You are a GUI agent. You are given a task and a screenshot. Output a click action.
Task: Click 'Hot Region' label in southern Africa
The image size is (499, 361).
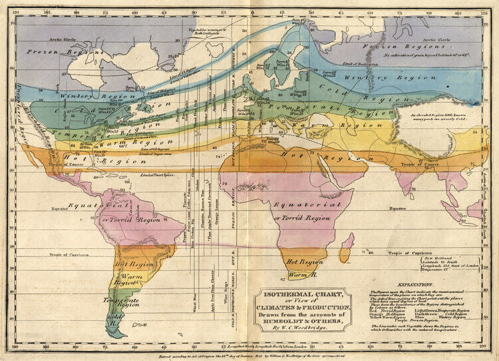304,262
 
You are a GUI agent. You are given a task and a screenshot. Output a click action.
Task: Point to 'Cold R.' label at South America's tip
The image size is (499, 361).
116,318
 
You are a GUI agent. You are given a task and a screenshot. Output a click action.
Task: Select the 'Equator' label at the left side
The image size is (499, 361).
61,208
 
